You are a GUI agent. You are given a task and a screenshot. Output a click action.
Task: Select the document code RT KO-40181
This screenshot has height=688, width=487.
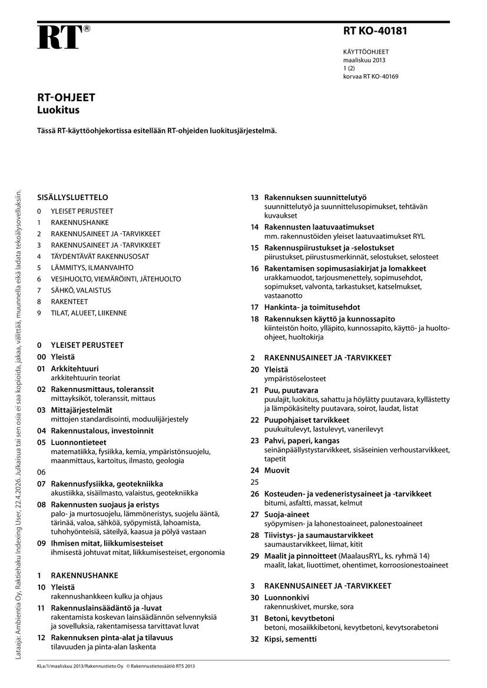coord(375,31)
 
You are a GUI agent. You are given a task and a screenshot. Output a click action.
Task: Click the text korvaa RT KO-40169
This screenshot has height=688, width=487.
coord(370,77)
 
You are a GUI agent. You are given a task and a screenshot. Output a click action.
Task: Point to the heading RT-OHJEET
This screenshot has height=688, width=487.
coord(66,98)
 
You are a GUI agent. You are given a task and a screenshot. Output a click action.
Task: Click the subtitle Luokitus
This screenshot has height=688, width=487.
coord(58,109)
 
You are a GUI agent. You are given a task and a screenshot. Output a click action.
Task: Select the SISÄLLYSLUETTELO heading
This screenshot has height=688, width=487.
coord(72,198)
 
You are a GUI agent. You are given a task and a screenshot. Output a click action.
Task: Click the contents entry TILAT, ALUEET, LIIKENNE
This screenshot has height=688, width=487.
coord(88,313)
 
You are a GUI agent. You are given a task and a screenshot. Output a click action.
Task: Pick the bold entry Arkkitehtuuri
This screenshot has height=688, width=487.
coord(75,368)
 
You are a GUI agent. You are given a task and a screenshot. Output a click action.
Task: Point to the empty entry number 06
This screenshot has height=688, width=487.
coord(41,472)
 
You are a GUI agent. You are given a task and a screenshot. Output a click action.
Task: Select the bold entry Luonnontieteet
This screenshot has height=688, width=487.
coord(78,442)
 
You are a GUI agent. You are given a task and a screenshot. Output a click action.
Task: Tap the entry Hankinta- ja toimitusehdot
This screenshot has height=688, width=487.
coord(312,307)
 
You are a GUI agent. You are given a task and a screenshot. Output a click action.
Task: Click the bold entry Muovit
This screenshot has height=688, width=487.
coord(277,470)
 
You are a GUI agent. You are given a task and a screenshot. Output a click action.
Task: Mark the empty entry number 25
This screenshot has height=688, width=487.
coord(254,482)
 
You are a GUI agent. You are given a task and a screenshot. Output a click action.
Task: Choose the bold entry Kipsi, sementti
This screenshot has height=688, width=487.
coord(290,639)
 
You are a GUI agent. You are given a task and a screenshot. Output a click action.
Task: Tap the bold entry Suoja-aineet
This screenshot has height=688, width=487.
coord(288,514)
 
